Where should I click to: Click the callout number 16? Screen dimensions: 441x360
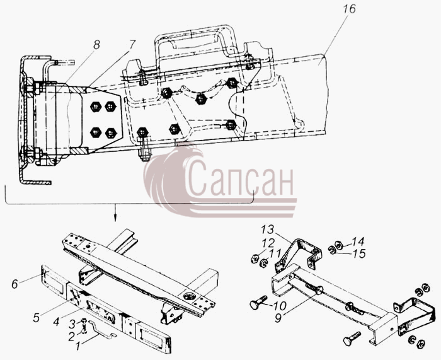(349, 9)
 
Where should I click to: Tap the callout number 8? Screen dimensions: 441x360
(96, 45)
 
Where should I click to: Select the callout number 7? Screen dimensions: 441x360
(132, 45)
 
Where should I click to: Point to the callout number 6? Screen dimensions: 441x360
(14, 284)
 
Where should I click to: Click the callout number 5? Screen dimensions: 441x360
(37, 317)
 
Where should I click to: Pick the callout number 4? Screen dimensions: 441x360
(56, 321)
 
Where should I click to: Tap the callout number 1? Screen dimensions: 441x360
(78, 346)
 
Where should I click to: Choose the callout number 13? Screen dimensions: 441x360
(267, 229)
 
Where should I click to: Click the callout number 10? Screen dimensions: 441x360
(280, 305)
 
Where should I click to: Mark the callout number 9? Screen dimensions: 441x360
(278, 318)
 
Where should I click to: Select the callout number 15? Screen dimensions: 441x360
(359, 253)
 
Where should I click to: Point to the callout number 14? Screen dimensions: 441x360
(358, 241)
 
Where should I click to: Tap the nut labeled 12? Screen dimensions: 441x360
(255, 258)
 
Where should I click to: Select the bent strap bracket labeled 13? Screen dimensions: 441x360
(298, 253)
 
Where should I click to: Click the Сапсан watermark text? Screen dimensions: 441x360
(239, 178)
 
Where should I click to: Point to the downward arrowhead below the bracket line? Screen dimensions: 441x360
(115, 219)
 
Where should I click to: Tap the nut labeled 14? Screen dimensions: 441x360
(340, 246)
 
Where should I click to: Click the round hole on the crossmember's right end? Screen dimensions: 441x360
(187, 296)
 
